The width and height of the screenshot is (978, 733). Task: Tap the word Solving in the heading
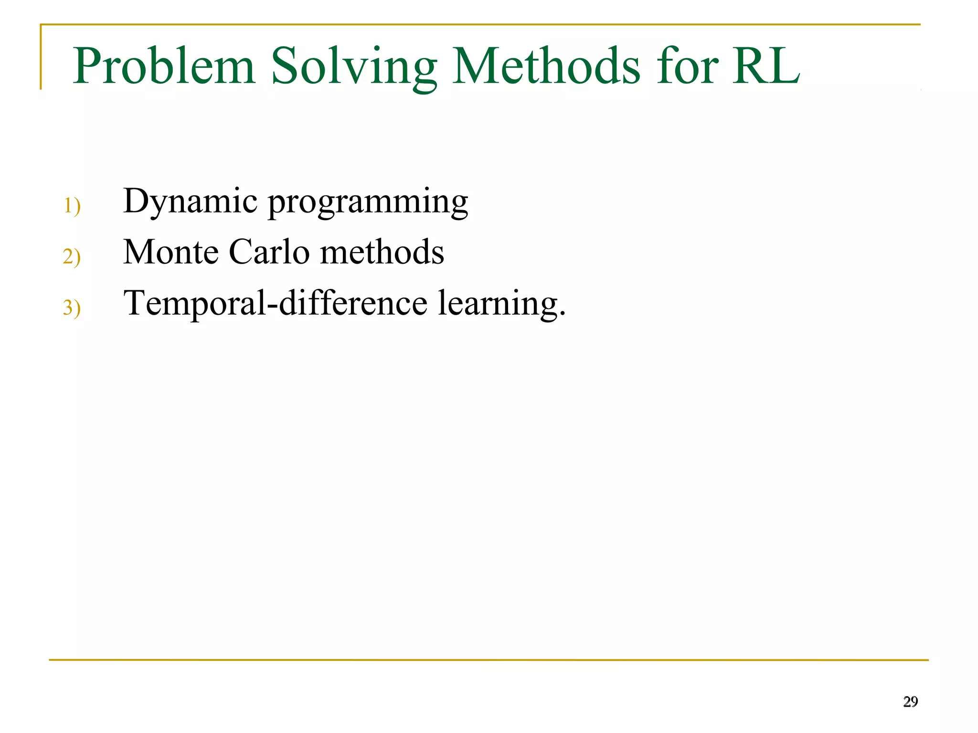pyautogui.click(x=353, y=67)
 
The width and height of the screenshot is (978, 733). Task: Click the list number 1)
pyautogui.click(x=72, y=206)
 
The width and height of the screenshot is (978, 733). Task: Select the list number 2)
pyautogui.click(x=72, y=257)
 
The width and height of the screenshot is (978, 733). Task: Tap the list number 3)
pyautogui.click(x=72, y=308)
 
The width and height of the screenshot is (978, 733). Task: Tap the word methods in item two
pyautogui.click(x=382, y=252)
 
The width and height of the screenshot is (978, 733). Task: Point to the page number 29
pyautogui.click(x=910, y=701)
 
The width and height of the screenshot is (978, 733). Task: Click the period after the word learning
pyautogui.click(x=562, y=315)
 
